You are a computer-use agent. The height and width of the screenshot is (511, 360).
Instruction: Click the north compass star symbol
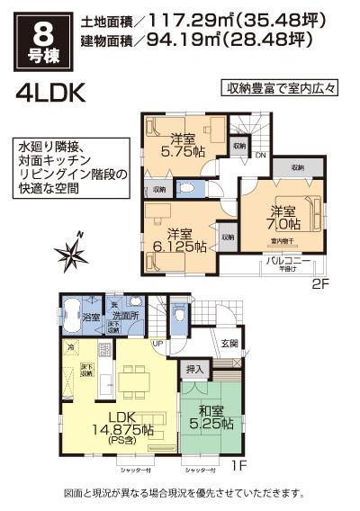tap(68, 249)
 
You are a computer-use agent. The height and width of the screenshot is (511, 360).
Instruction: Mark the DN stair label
tap(259, 154)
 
